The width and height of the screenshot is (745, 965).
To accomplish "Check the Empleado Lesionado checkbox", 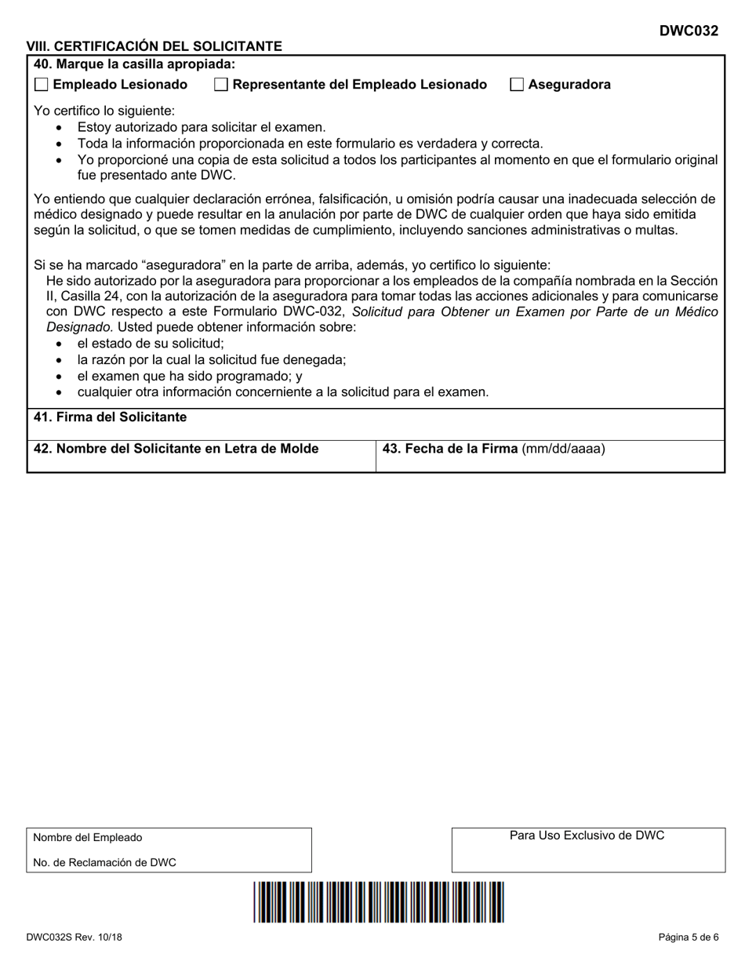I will (42, 85).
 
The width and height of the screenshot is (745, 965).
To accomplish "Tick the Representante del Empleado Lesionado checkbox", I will (222, 85).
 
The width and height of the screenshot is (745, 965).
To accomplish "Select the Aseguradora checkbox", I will (517, 85).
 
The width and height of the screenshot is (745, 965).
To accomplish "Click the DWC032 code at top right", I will (689, 31).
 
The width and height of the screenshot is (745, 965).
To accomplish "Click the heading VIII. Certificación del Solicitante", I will (154, 46).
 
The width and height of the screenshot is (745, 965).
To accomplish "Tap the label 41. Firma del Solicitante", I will (110, 417).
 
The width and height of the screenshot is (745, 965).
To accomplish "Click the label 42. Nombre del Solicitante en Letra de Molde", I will (176, 449).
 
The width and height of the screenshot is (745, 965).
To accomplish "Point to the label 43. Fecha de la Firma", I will (493, 449).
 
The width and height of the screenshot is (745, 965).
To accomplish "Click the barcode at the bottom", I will (379, 901).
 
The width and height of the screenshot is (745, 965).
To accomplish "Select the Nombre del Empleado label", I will (88, 838).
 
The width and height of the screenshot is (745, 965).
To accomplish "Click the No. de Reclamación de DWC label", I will (104, 863).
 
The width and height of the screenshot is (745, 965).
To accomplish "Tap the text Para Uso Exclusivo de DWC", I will (587, 836).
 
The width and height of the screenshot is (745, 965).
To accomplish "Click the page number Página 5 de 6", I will (688, 937).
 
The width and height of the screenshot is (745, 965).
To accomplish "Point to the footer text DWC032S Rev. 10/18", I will (74, 937).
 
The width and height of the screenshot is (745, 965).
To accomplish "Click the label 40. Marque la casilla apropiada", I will (134, 64).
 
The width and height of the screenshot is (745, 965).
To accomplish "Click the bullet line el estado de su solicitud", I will (151, 343).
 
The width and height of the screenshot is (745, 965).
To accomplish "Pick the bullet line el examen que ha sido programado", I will (190, 376).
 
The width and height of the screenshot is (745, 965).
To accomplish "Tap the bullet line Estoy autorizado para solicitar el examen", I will (202, 127).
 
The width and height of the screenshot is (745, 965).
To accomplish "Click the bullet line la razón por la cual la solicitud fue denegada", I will (212, 359).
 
